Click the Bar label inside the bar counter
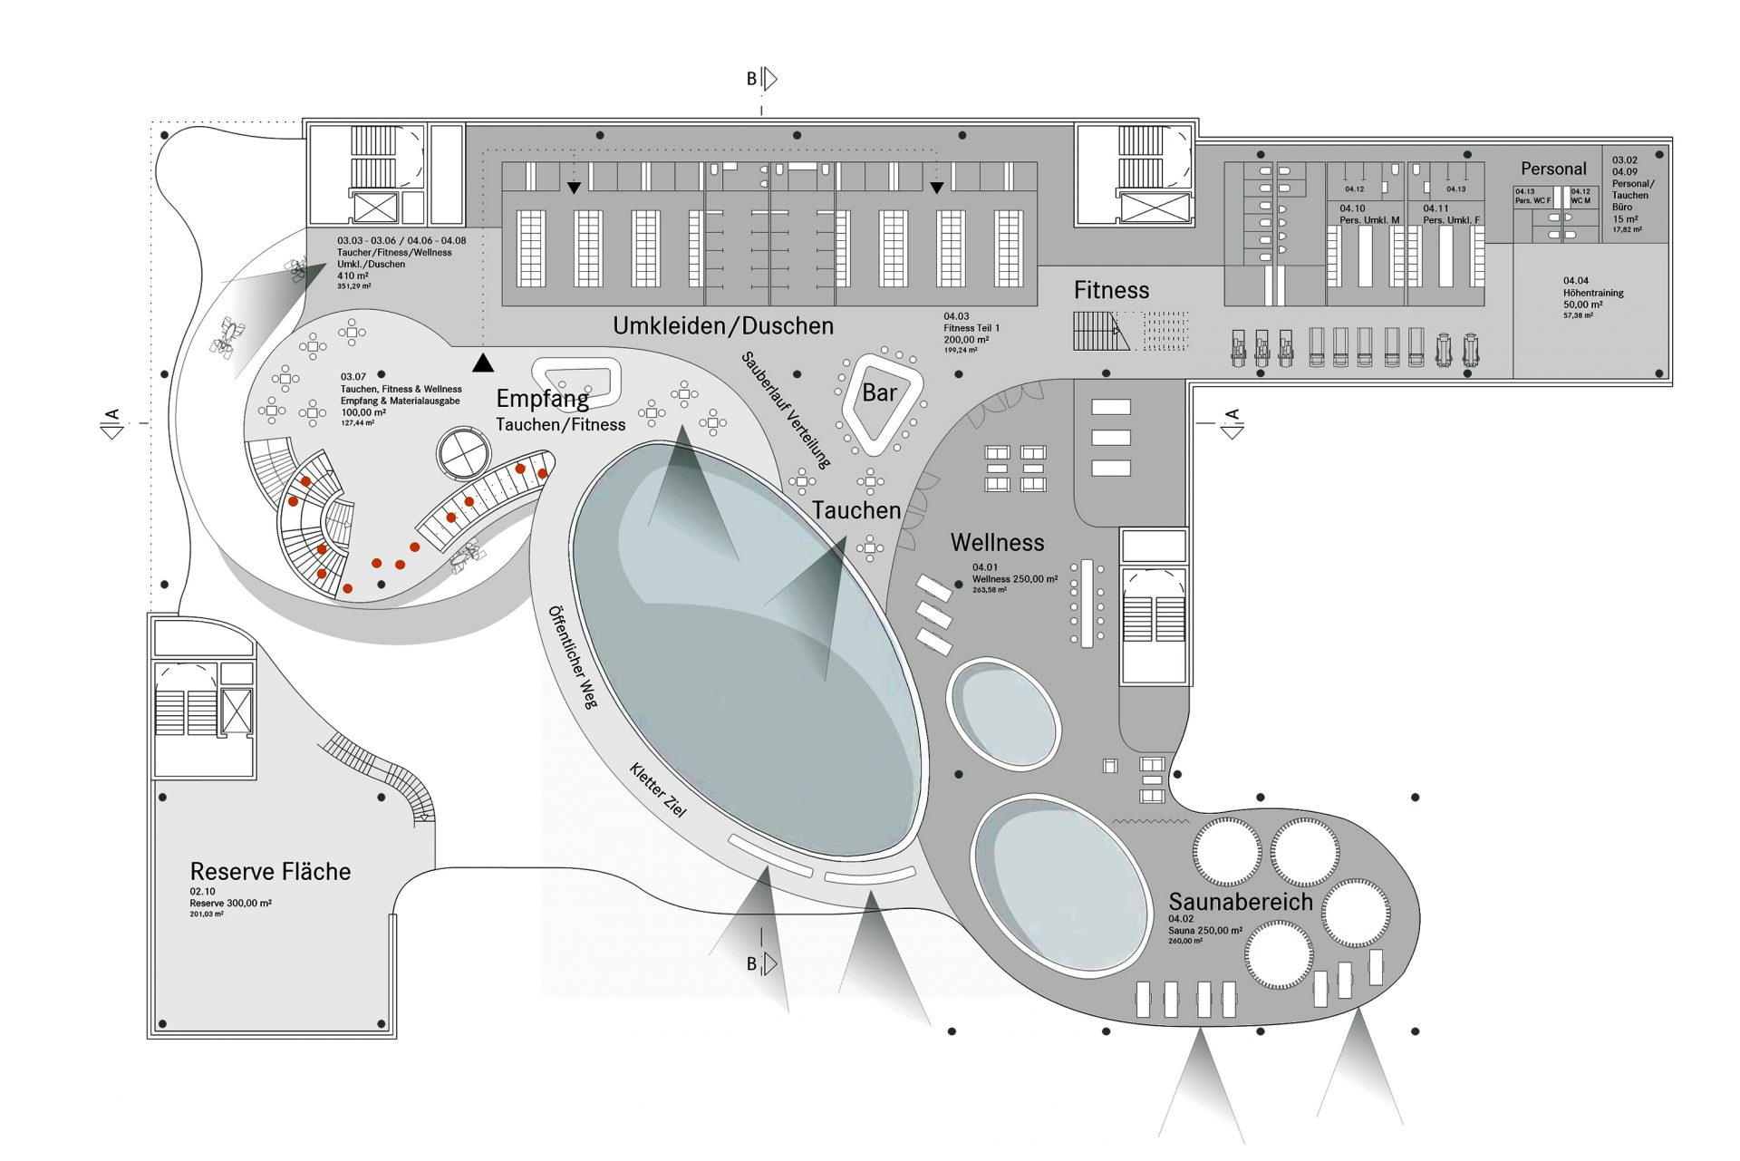click(878, 393)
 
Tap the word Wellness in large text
click(997, 543)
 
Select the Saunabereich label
click(1240, 902)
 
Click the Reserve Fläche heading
click(270, 872)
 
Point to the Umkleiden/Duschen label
click(722, 326)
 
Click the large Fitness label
click(1111, 291)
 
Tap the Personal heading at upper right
click(1552, 169)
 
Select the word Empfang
click(542, 399)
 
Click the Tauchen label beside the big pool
click(855, 511)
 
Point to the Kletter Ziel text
click(658, 789)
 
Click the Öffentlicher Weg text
click(573, 656)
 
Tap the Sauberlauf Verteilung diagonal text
click(786, 410)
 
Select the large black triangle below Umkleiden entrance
click(483, 363)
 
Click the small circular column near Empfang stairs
click(464, 452)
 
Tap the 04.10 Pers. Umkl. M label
click(1368, 215)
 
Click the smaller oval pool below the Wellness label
click(1002, 714)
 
